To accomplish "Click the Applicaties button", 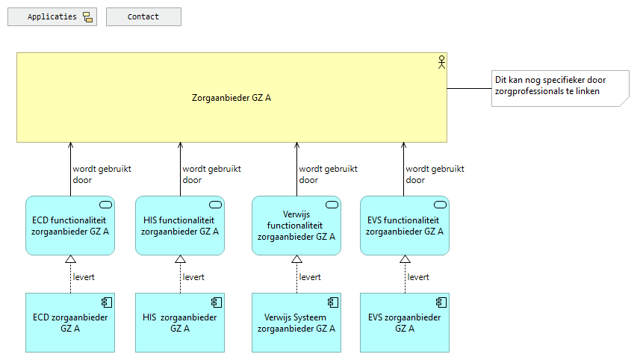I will [52, 17].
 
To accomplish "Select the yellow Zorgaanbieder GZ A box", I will [232, 97].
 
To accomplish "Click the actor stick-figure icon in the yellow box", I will [441, 62].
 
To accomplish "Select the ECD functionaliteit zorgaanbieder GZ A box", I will [70, 226].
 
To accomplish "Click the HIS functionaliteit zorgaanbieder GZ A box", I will [180, 226].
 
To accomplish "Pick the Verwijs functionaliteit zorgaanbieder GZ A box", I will [296, 226].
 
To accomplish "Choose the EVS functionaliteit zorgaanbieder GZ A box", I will [405, 226].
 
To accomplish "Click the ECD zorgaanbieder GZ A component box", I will [70, 322].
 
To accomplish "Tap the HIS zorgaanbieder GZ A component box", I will [180, 322].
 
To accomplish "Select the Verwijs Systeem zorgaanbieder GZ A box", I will [296, 322].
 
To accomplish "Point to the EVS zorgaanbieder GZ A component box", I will [405, 322].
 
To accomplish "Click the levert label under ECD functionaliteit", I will [84, 277].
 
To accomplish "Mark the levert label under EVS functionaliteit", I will [418, 277].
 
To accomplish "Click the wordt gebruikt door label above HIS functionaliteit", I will [211, 174].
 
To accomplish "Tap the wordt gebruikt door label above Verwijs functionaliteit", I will [328, 174].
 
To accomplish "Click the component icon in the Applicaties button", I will [87, 17].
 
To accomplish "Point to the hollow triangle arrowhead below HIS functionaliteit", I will [180, 259].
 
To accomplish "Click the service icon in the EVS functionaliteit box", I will [440, 205].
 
